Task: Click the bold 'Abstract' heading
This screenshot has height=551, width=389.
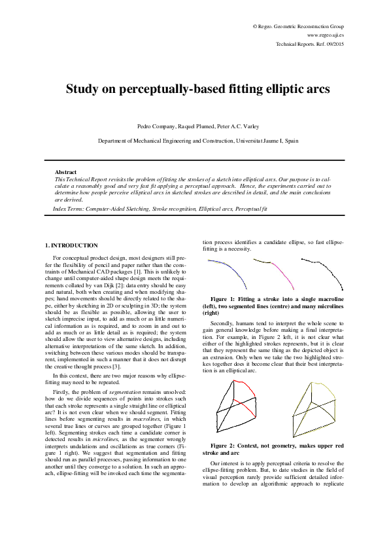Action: pos(65,172)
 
